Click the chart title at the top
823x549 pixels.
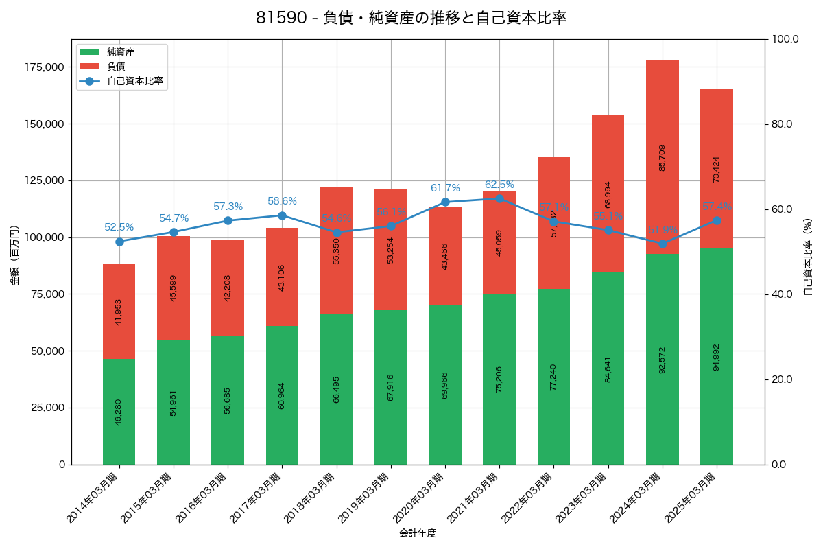[x=411, y=19]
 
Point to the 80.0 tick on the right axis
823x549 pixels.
[x=781, y=124]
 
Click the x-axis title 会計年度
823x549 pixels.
[x=418, y=533]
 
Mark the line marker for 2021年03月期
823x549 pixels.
[x=499, y=198]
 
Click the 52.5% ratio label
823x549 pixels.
[x=119, y=227]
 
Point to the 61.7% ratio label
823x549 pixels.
[x=445, y=188]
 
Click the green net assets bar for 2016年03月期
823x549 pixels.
[x=228, y=400]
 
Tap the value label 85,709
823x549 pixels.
[x=663, y=157]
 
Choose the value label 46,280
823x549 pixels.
[x=119, y=412]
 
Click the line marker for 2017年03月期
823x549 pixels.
[x=282, y=215]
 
